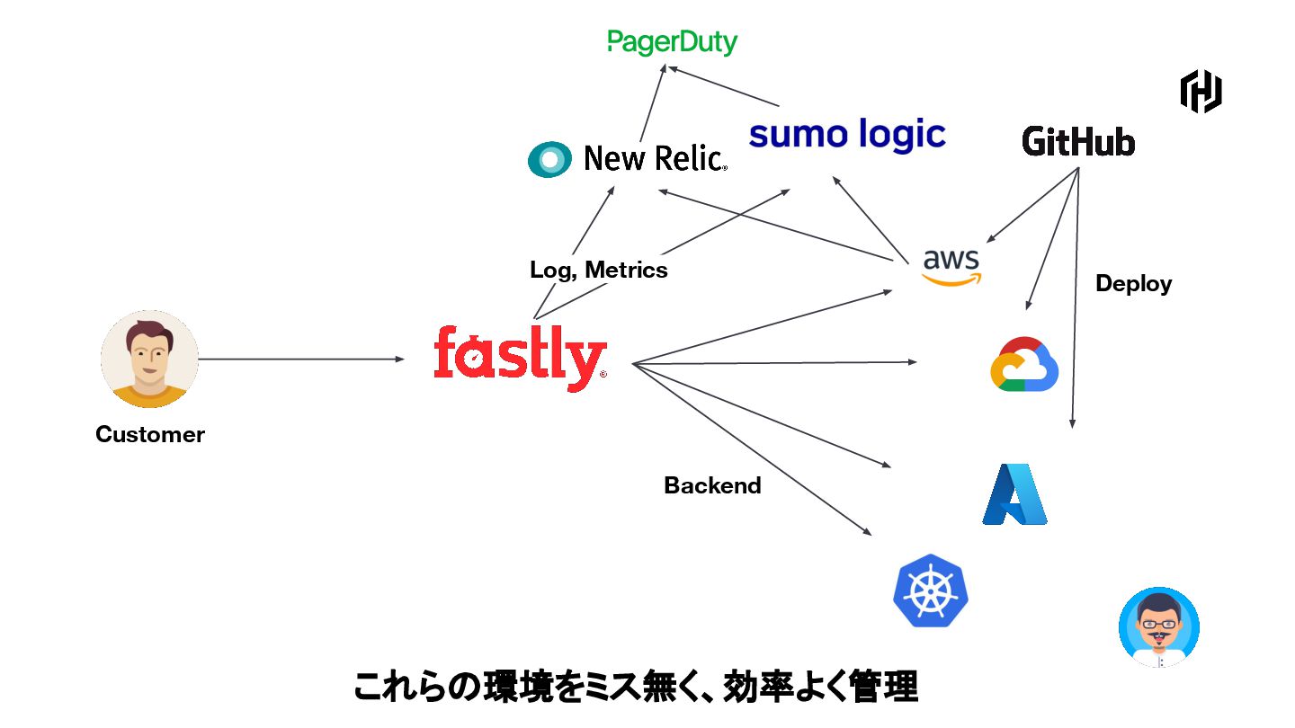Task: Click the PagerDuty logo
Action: [x=672, y=41]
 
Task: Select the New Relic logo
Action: [x=627, y=159]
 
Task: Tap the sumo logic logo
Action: [x=847, y=135]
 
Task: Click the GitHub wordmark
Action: [x=1078, y=142]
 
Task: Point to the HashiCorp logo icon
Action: [x=1201, y=92]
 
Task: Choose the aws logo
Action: [x=951, y=266]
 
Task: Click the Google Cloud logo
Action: [x=1024, y=364]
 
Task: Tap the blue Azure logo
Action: [x=1015, y=494]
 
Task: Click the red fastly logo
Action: [x=520, y=358]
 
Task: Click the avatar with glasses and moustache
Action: [x=1158, y=627]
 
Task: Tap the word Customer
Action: [x=150, y=435]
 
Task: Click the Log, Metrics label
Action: [x=599, y=270]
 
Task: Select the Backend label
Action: [x=712, y=485]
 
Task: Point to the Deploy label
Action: [x=1133, y=284]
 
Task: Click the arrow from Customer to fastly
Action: [x=301, y=360]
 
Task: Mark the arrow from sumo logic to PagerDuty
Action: [x=725, y=86]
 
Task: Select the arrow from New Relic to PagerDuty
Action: [x=653, y=104]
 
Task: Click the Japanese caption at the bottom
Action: [x=635, y=688]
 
